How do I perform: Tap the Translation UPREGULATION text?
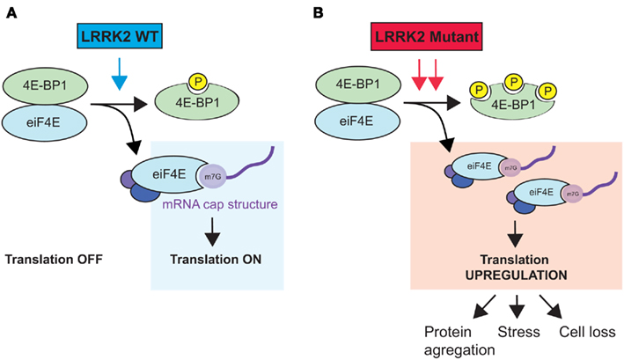(x=516, y=266)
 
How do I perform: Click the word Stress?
(x=517, y=333)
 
